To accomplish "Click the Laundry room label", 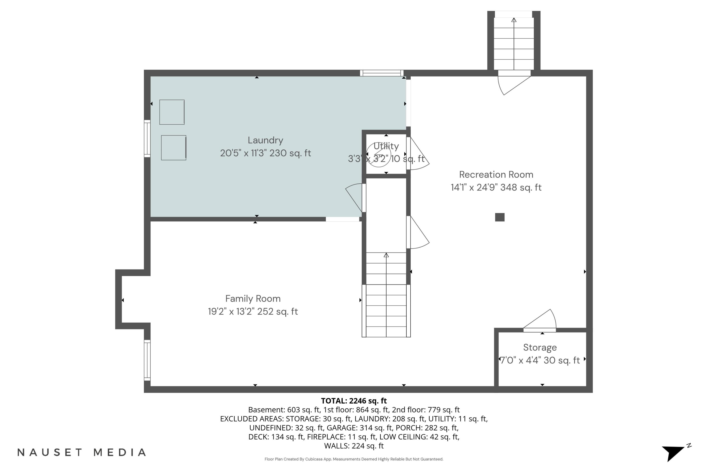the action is click(x=265, y=140).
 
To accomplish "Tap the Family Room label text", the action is click(x=253, y=299).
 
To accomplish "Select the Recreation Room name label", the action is click(x=496, y=175).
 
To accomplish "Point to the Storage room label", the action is click(x=540, y=348).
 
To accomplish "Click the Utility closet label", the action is click(x=386, y=146).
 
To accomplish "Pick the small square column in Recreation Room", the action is click(x=500, y=217).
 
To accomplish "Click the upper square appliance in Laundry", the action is click(x=172, y=112).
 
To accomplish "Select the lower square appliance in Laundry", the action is click(x=174, y=147).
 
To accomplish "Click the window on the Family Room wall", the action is click(x=147, y=360).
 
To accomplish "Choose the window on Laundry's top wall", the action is click(x=382, y=73).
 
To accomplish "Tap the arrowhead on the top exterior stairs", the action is click(x=514, y=20).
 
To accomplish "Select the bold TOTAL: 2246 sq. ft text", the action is click(x=354, y=401).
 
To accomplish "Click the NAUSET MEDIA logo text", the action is click(x=82, y=452).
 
